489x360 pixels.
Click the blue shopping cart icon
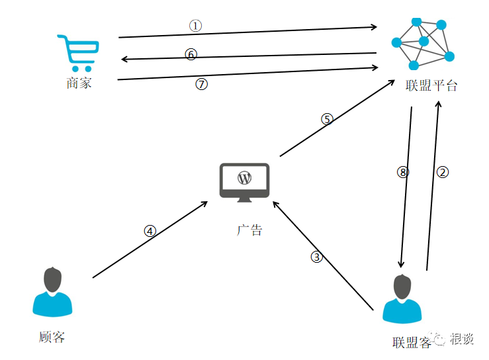[78, 53]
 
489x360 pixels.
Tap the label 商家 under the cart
[79, 83]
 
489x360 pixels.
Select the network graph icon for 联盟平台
[423, 42]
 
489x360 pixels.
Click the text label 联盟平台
[431, 86]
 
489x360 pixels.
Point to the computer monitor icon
[244, 183]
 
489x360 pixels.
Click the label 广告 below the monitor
[249, 230]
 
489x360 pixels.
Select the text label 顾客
[52, 337]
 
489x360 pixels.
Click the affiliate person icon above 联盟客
[403, 299]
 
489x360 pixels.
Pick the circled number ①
[195, 25]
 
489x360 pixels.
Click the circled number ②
[443, 172]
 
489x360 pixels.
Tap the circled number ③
[317, 257]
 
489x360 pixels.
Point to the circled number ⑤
[327, 119]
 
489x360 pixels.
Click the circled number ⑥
[191, 54]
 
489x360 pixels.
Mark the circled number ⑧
[403, 172]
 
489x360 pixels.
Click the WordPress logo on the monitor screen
[245, 177]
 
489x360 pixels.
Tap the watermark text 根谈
[462, 339]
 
